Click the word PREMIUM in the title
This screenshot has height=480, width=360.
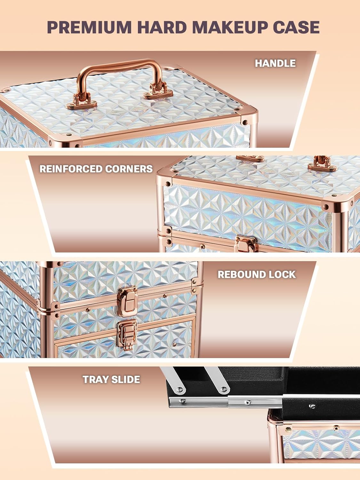pyautogui.click(x=89, y=27)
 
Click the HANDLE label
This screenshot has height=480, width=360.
pyautogui.click(x=275, y=63)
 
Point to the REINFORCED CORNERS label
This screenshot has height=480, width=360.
pyautogui.click(x=96, y=169)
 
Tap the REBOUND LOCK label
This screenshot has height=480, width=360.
pyautogui.click(x=257, y=275)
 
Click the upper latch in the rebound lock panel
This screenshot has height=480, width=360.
pyautogui.click(x=128, y=301)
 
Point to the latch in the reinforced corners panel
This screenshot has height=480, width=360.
pyautogui.click(x=246, y=244)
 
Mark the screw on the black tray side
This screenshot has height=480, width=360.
pyautogui.click(x=312, y=406)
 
